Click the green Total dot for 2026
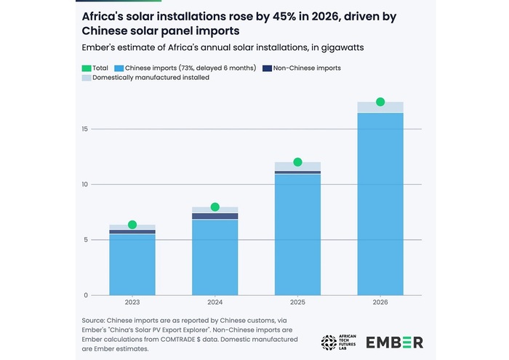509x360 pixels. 380,102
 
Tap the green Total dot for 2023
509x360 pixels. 132,225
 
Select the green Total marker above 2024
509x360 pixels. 215,207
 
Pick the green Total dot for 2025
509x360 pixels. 297,162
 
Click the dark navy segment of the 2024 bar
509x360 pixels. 215,216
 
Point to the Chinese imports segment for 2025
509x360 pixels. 297,235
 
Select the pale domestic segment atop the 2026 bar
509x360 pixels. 380,107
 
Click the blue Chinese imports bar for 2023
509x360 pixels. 132,265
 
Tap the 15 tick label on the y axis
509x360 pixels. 85,129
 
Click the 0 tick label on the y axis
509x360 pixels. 86,295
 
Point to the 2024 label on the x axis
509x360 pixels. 215,303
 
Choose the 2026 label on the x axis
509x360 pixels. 380,303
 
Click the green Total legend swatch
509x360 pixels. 87,68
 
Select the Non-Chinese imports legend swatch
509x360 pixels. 267,68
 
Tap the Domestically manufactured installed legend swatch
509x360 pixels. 87,78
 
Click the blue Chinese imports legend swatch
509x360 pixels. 119,68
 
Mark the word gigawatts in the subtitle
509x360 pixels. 342,48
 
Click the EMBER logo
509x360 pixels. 394,343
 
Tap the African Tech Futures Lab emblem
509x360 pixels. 329,343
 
